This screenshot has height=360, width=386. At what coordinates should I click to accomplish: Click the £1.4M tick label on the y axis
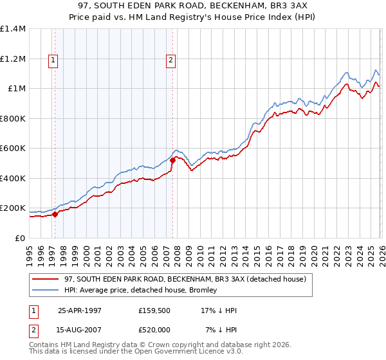[x=13, y=29]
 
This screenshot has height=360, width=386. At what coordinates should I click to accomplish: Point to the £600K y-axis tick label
[x=13, y=148]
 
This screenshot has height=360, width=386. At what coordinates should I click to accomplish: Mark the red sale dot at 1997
[x=55, y=215]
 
